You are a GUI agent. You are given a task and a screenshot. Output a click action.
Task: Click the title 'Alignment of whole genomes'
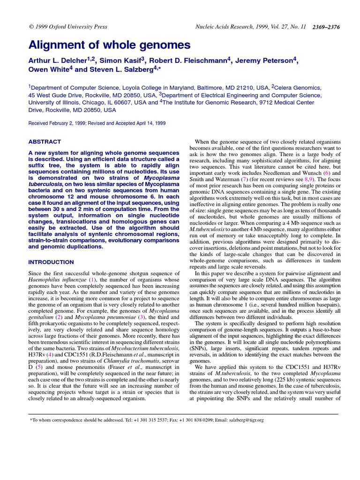[x=110, y=45]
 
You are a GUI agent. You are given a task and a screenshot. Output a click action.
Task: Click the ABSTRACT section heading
[x=45, y=142]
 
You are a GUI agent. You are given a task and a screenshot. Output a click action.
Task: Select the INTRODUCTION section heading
[x=51, y=262]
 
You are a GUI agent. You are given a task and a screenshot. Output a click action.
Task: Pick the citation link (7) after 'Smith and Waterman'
[x=243, y=179]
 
